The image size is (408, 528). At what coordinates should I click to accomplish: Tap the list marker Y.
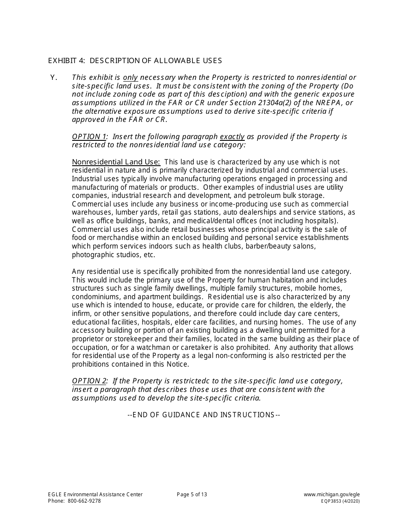coord(54,78)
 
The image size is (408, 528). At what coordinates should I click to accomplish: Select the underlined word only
coord(131,78)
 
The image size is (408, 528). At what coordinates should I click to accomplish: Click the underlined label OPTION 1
coord(89,137)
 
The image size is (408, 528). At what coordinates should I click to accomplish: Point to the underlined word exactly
coord(232,137)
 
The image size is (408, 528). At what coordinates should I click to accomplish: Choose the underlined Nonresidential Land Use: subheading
coord(116,162)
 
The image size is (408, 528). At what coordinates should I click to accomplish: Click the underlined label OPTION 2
coord(89,381)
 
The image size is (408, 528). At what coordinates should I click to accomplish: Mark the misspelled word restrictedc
coord(192,381)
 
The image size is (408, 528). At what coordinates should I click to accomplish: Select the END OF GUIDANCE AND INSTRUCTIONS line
coord(204,415)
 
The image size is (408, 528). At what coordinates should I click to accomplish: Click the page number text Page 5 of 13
coord(192,495)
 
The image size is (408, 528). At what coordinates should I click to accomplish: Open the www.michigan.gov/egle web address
coord(332,495)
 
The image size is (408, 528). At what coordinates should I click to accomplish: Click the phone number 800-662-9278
coord(84,501)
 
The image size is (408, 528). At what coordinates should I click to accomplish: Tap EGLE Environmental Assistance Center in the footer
coord(95,495)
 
